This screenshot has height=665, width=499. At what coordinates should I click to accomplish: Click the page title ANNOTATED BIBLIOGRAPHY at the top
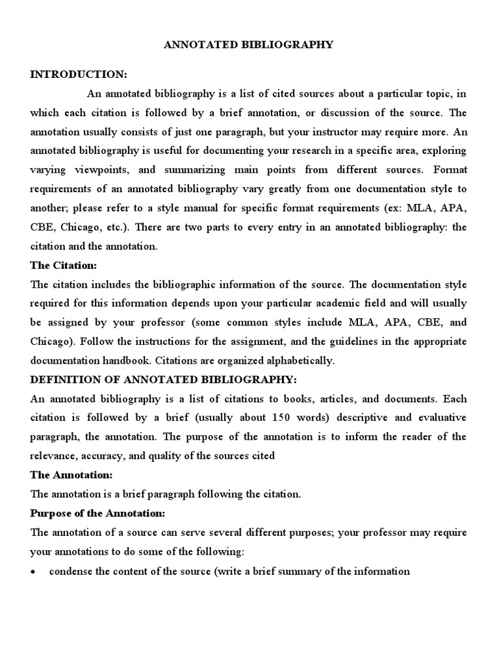click(x=249, y=45)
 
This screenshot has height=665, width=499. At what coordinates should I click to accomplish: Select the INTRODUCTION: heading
click(x=79, y=75)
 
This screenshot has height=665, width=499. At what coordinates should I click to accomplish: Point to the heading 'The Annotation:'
click(x=71, y=475)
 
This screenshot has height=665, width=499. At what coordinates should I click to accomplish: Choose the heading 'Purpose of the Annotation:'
click(x=98, y=513)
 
